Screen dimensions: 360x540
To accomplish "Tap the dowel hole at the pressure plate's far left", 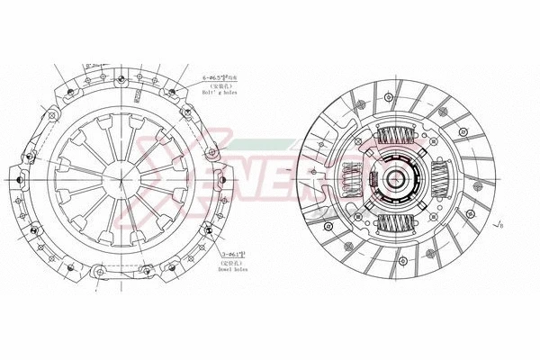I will [19, 180].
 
